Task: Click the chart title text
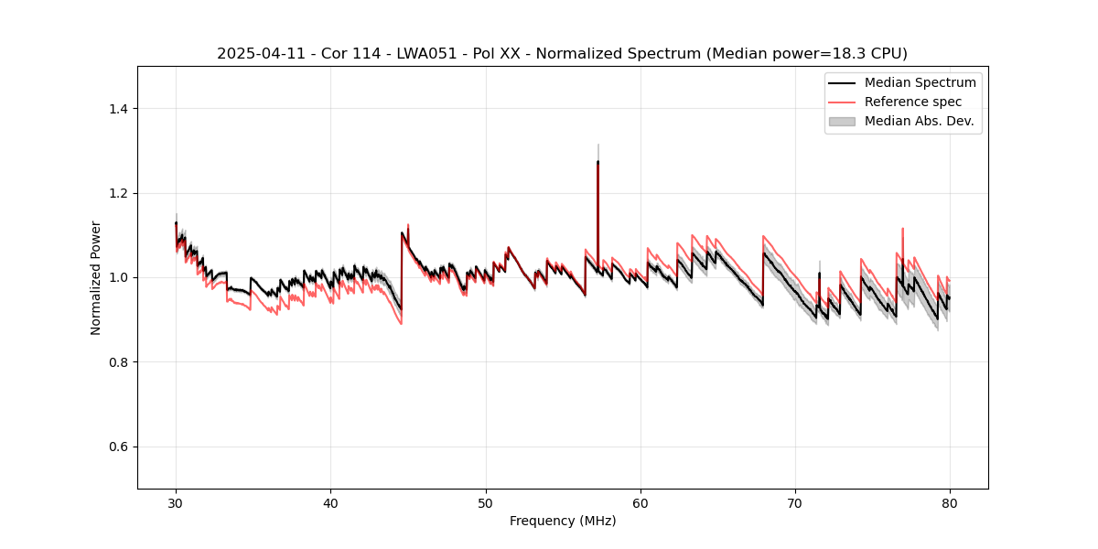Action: (562, 54)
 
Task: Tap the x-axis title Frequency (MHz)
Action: (562, 521)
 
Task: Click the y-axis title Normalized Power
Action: (96, 277)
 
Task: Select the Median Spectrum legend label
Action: (920, 82)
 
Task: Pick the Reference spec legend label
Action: (913, 102)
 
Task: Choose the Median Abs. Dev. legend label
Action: (919, 121)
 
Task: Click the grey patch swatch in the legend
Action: (841, 121)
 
